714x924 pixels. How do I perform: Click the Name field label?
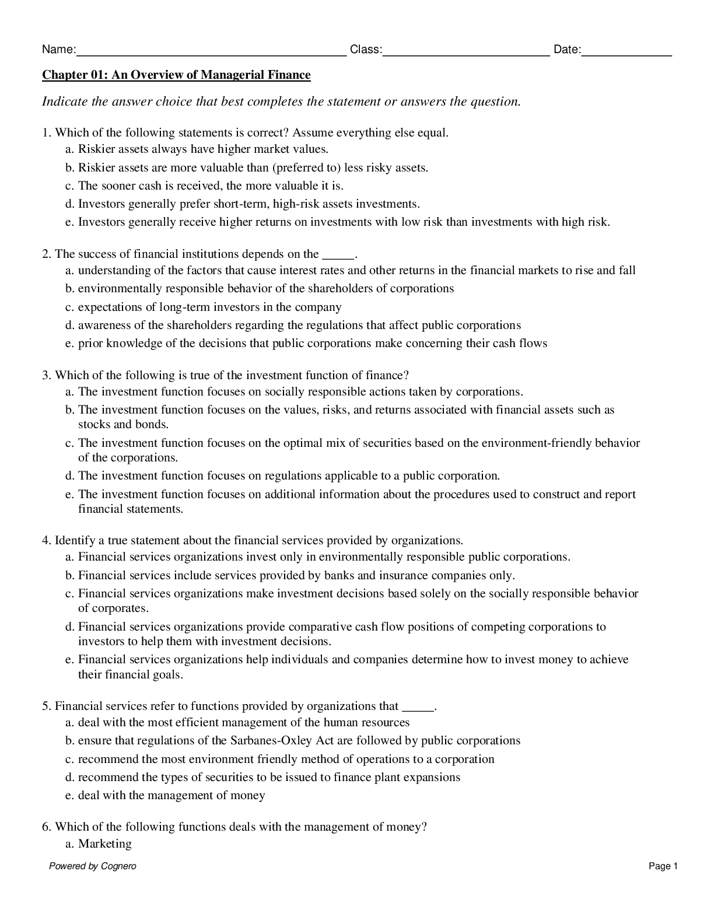tap(58, 50)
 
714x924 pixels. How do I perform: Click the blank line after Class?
tap(466, 52)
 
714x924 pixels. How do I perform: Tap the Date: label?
tap(567, 50)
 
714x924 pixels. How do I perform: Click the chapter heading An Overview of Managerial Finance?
tap(176, 75)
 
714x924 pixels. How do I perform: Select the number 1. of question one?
tap(47, 132)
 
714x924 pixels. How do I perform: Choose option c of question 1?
tap(204, 185)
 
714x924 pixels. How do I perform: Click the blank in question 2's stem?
tap(338, 255)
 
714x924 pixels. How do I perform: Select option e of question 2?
tap(306, 343)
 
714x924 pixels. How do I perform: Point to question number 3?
tap(47, 375)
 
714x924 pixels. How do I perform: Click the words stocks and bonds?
tap(124, 424)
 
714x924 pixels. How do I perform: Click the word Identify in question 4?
tap(75, 540)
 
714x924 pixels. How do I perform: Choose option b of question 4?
tap(290, 575)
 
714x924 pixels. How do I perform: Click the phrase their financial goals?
tap(131, 674)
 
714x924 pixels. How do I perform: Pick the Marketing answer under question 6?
tap(104, 843)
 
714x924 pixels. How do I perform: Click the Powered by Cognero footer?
tap(93, 866)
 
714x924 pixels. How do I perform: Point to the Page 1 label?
tap(663, 866)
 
